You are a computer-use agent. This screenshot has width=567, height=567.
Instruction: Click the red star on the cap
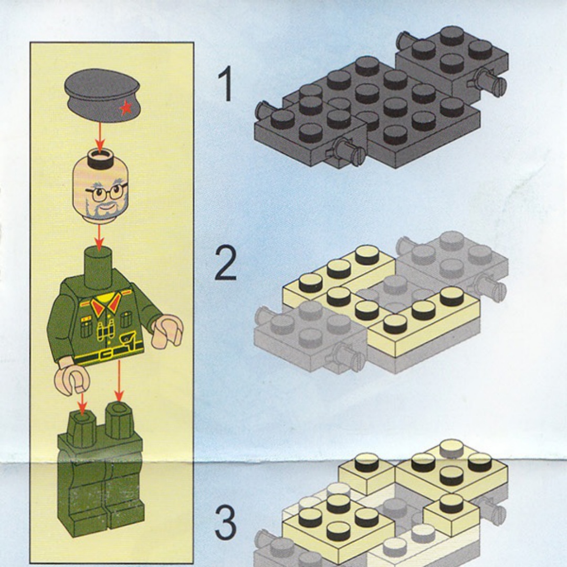pyautogui.click(x=125, y=108)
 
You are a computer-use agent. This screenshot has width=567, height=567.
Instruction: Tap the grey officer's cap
pyautogui.click(x=102, y=94)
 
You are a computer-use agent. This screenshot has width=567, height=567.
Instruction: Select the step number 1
pyautogui.click(x=226, y=83)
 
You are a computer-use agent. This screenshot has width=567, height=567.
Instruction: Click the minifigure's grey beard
pyautogui.click(x=106, y=209)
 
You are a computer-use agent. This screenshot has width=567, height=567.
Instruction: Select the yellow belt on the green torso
pyautogui.click(x=109, y=355)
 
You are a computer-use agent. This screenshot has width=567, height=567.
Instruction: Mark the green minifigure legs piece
pyautogui.click(x=101, y=470)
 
